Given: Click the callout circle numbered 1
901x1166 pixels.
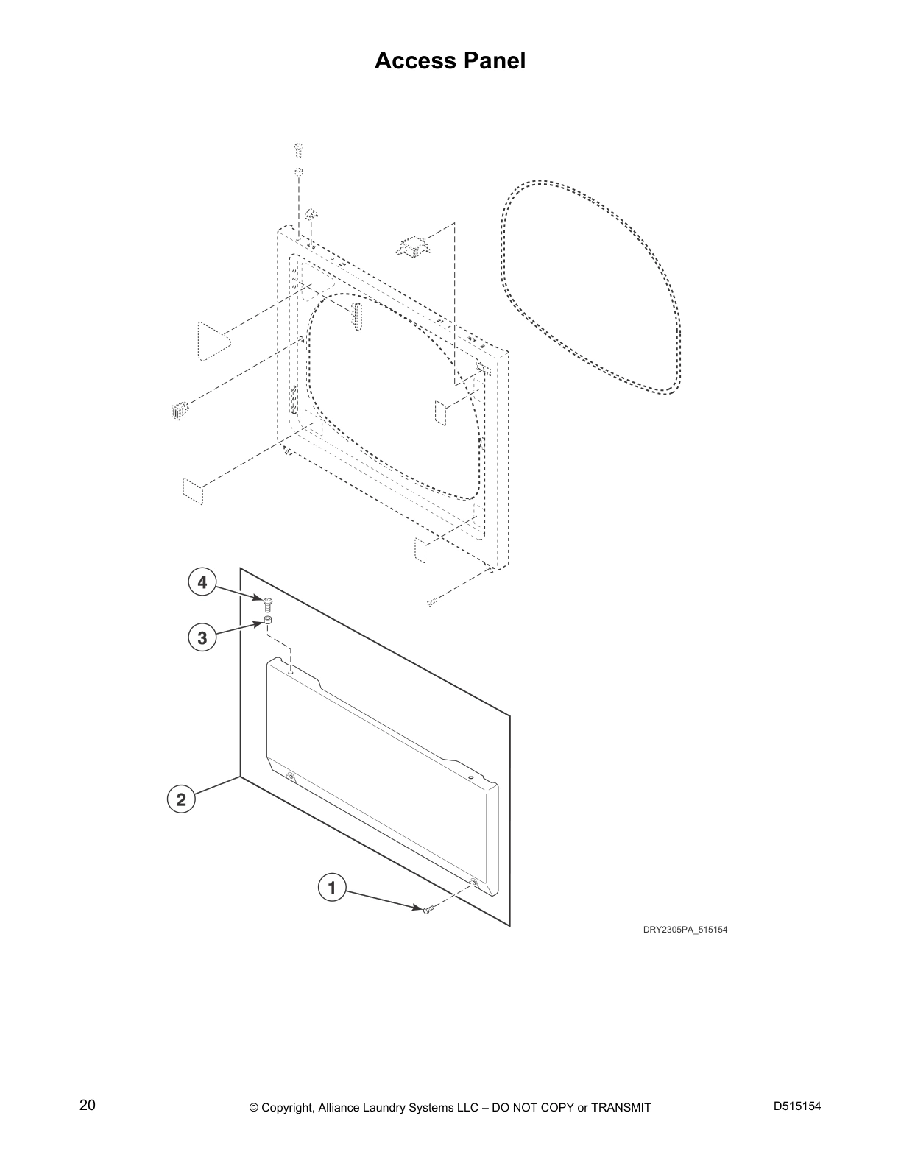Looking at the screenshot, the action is click(x=332, y=887).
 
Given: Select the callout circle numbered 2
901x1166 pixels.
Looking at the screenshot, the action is click(x=181, y=799).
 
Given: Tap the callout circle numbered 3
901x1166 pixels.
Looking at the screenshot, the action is click(x=202, y=637).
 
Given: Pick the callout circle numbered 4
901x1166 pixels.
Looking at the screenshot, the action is click(x=202, y=582).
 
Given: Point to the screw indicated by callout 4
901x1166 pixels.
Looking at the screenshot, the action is click(x=268, y=604).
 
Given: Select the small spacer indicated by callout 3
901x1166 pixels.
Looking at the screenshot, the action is click(x=268, y=621).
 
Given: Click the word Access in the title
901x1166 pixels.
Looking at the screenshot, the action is click(x=415, y=60).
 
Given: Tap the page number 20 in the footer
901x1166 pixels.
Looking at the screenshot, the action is click(x=88, y=1105).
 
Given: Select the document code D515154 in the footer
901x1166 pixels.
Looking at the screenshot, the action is click(x=797, y=1106).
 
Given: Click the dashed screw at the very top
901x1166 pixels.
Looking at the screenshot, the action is click(x=299, y=150).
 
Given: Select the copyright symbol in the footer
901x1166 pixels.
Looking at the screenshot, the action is click(x=254, y=1108).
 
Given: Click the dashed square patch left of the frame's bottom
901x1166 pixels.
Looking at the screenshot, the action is click(x=193, y=492).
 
